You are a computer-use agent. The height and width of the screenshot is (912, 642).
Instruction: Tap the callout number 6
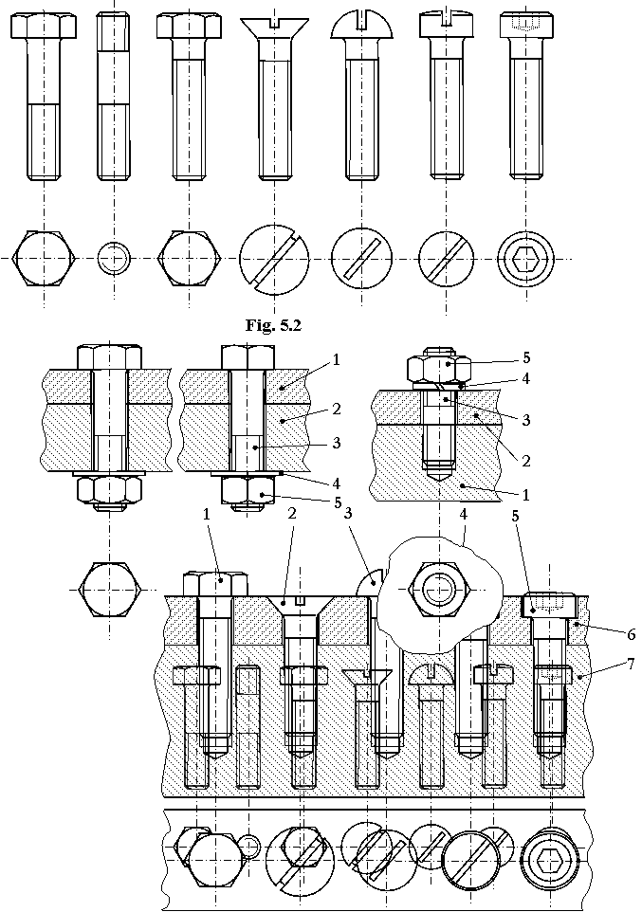point(632,635)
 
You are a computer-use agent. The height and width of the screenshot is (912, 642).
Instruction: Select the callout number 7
point(632,665)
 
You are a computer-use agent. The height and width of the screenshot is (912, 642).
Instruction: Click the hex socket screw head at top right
point(526,259)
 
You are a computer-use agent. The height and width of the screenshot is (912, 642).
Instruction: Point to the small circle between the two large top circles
point(114,258)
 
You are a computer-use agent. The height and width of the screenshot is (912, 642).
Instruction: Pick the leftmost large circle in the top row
point(44,258)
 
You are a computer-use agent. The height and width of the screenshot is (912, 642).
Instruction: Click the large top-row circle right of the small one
point(189,258)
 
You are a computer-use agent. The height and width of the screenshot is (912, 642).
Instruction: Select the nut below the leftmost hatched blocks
point(110,488)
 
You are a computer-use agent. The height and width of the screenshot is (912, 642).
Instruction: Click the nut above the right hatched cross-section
point(440,371)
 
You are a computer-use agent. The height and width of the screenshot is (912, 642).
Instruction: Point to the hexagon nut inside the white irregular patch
point(437,590)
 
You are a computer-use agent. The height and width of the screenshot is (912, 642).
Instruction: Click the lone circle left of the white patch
point(110,590)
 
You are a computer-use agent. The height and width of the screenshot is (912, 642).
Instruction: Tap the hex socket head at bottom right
point(550,860)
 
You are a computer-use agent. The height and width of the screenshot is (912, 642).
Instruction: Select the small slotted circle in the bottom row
point(303,847)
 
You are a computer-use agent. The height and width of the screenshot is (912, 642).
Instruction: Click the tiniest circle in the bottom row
point(248,846)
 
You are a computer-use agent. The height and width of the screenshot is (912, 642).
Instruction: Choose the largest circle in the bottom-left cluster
point(215,860)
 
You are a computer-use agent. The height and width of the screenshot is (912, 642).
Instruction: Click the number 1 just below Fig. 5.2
point(338,360)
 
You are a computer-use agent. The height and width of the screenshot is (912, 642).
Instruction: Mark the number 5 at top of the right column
point(526,357)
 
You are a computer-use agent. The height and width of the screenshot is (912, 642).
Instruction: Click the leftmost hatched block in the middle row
point(66,419)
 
